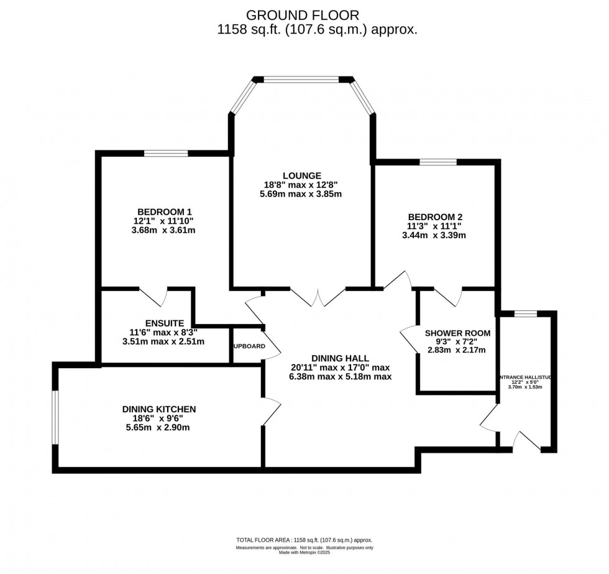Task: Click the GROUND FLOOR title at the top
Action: pos(303,14)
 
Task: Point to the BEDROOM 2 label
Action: pos(434,216)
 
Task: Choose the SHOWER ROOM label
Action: pos(457,333)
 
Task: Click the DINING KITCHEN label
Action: pos(159,409)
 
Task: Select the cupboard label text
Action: pos(249,346)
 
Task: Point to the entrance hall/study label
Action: pos(525,377)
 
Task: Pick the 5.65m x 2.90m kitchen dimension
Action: pos(159,427)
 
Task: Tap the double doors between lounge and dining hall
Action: pos(318,298)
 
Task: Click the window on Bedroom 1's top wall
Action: pos(166,153)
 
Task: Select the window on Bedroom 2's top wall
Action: pos(437,162)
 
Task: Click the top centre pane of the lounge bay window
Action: pos(303,79)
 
